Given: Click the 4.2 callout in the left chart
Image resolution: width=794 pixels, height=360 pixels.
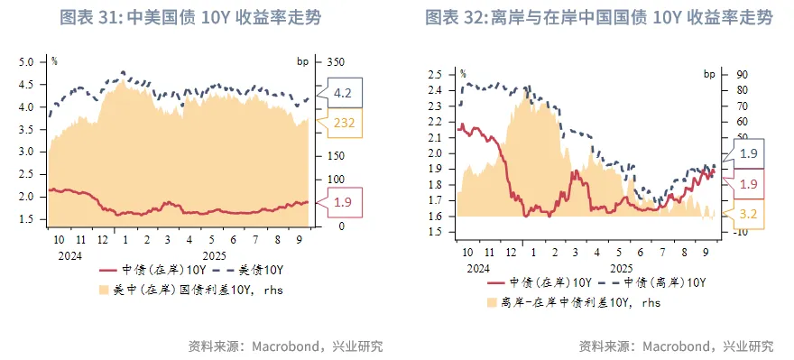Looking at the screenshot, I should point(344,93).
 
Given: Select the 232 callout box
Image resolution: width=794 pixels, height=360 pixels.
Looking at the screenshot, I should point(345,125).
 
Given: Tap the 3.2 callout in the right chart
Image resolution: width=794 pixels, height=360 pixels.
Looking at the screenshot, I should point(747,215).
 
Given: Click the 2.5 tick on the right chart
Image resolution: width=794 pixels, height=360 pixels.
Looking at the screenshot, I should point(436,74).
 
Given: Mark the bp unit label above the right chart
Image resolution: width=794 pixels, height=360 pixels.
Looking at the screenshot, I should point(710,73).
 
